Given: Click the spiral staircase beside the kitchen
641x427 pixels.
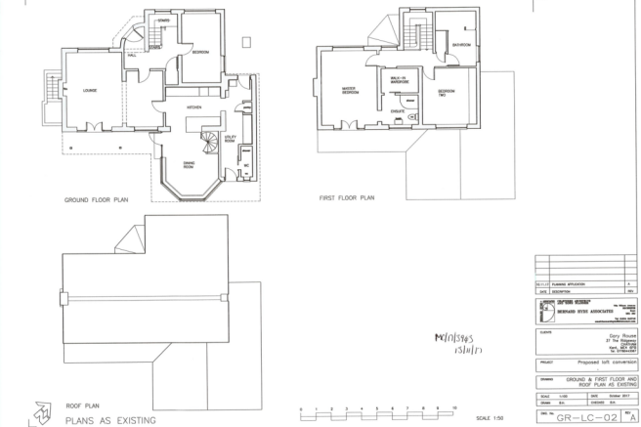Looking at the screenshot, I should [205, 138].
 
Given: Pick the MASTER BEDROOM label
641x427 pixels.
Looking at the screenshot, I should [347, 90].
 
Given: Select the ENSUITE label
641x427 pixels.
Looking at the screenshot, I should [399, 111].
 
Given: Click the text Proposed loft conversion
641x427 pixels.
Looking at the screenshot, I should [595, 361].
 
